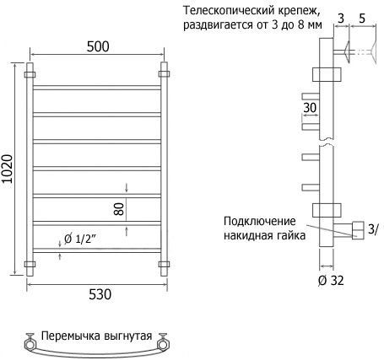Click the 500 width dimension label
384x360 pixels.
(x=98, y=46)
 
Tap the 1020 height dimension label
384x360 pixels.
(x=7, y=169)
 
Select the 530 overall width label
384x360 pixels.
(x=100, y=294)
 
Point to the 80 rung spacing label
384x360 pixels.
(x=119, y=209)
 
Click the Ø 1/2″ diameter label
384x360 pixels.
(x=80, y=239)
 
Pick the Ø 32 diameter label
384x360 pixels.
(x=331, y=280)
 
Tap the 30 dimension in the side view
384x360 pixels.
(x=310, y=108)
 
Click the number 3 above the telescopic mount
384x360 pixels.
(x=341, y=19)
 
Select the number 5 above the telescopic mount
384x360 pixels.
(x=362, y=19)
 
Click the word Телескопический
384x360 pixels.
(x=229, y=11)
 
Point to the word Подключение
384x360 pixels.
(x=260, y=221)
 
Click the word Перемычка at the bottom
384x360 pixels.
(x=71, y=336)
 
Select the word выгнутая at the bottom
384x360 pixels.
(x=128, y=336)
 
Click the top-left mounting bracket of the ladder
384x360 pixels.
(x=30, y=74)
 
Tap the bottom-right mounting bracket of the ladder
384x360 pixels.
(x=164, y=265)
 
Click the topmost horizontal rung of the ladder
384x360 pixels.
(x=97, y=88)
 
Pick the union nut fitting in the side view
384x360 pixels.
(x=358, y=230)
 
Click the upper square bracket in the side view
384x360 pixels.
(x=327, y=74)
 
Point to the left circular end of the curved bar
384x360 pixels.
(x=30, y=344)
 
